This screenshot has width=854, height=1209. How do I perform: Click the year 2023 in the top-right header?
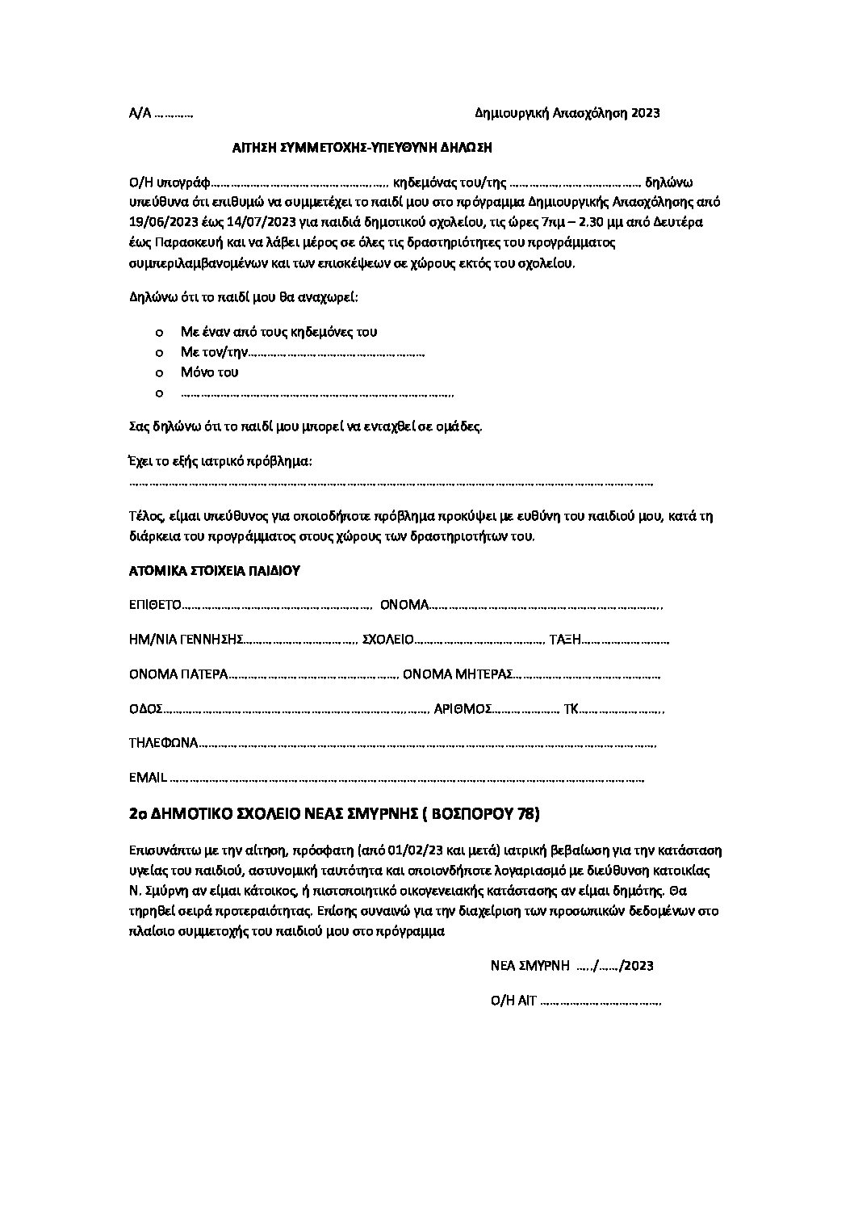(645, 113)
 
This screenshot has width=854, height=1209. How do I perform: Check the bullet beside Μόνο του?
(159, 373)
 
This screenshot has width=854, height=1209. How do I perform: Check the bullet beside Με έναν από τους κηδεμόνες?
(159, 332)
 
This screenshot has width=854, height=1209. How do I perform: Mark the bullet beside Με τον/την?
(159, 353)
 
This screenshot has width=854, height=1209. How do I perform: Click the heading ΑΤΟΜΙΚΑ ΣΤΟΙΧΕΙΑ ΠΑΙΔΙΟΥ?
(214, 571)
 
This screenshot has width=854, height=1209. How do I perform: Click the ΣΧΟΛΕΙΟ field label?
(387, 640)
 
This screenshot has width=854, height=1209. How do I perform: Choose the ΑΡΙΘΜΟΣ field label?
(463, 709)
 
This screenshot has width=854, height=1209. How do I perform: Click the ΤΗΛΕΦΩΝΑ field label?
(163, 743)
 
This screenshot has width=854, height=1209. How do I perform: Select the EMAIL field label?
(148, 778)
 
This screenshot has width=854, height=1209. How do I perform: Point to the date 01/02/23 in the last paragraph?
(387, 850)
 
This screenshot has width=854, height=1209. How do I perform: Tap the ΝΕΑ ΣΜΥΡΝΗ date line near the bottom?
(571, 966)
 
